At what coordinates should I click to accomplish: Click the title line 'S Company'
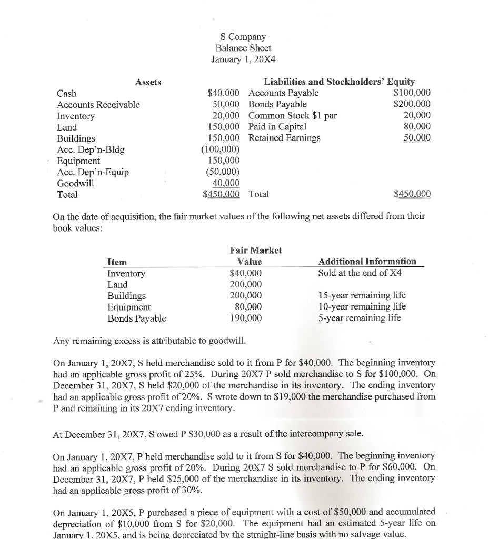243,37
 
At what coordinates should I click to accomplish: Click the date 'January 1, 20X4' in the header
243,59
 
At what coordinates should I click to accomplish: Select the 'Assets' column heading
148,82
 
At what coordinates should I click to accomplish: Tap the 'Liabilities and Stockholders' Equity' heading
339,82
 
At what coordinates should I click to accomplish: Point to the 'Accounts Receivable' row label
98,105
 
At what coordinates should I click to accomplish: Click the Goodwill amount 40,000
226,183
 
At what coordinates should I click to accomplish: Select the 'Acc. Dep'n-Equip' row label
93,172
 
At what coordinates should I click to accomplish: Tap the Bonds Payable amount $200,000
412,104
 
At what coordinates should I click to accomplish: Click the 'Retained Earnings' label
284,138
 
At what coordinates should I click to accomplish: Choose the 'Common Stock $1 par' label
292,116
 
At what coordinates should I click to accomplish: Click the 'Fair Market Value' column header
255,256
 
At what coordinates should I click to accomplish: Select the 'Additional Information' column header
367,262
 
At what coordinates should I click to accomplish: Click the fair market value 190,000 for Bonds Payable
246,318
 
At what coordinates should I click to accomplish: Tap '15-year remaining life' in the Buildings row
362,295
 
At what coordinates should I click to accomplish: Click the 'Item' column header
117,262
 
